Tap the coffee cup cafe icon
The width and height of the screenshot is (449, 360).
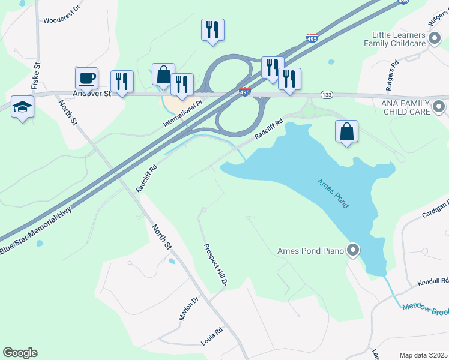[86, 78]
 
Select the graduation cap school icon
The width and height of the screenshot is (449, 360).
[22, 107]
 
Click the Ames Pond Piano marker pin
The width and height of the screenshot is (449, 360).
[353, 250]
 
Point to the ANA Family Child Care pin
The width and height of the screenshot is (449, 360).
[439, 107]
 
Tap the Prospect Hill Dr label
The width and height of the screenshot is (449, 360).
[214, 264]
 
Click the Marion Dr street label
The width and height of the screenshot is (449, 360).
[188, 308]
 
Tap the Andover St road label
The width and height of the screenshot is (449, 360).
[92, 94]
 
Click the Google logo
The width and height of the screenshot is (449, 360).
[20, 353]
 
